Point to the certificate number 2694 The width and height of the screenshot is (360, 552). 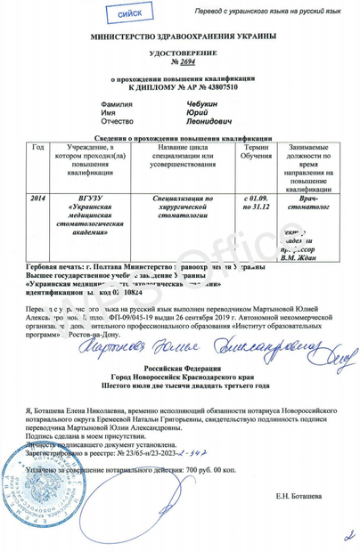pos(184,63)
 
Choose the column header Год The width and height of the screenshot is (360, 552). pos(37,147)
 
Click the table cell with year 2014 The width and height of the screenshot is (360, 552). pos(37,195)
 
